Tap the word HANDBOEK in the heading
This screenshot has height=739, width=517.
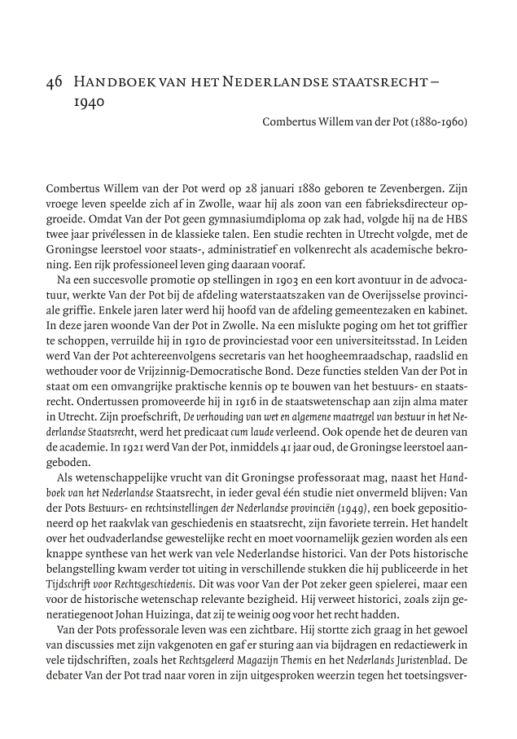pyautogui.click(x=112, y=83)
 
